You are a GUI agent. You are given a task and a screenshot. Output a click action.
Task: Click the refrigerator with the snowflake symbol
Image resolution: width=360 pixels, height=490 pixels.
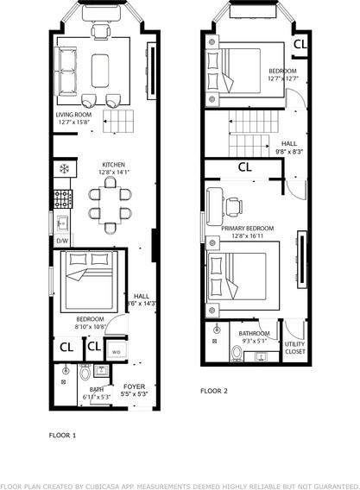tap(62, 168)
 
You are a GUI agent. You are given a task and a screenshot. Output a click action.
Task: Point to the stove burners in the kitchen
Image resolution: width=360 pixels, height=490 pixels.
tap(63, 200)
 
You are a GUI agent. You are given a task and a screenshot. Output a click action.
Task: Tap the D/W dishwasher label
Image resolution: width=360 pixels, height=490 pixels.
tap(62, 241)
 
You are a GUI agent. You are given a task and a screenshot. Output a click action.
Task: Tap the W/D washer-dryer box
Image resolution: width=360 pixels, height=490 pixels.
tap(116, 351)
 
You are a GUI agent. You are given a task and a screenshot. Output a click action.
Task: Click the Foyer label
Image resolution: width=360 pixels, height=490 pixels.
tap(134, 387)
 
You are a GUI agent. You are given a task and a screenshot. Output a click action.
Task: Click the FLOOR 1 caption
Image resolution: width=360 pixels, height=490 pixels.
tap(62, 436)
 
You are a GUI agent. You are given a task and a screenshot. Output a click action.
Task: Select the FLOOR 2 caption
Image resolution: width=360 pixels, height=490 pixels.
tap(214, 391)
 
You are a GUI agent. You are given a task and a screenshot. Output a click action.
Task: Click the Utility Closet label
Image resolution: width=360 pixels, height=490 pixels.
tap(296, 348)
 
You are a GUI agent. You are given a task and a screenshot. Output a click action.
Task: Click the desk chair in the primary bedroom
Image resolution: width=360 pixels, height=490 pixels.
tap(232, 204)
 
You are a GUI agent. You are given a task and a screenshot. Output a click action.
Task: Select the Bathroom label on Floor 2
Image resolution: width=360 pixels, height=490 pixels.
tap(255, 333)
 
